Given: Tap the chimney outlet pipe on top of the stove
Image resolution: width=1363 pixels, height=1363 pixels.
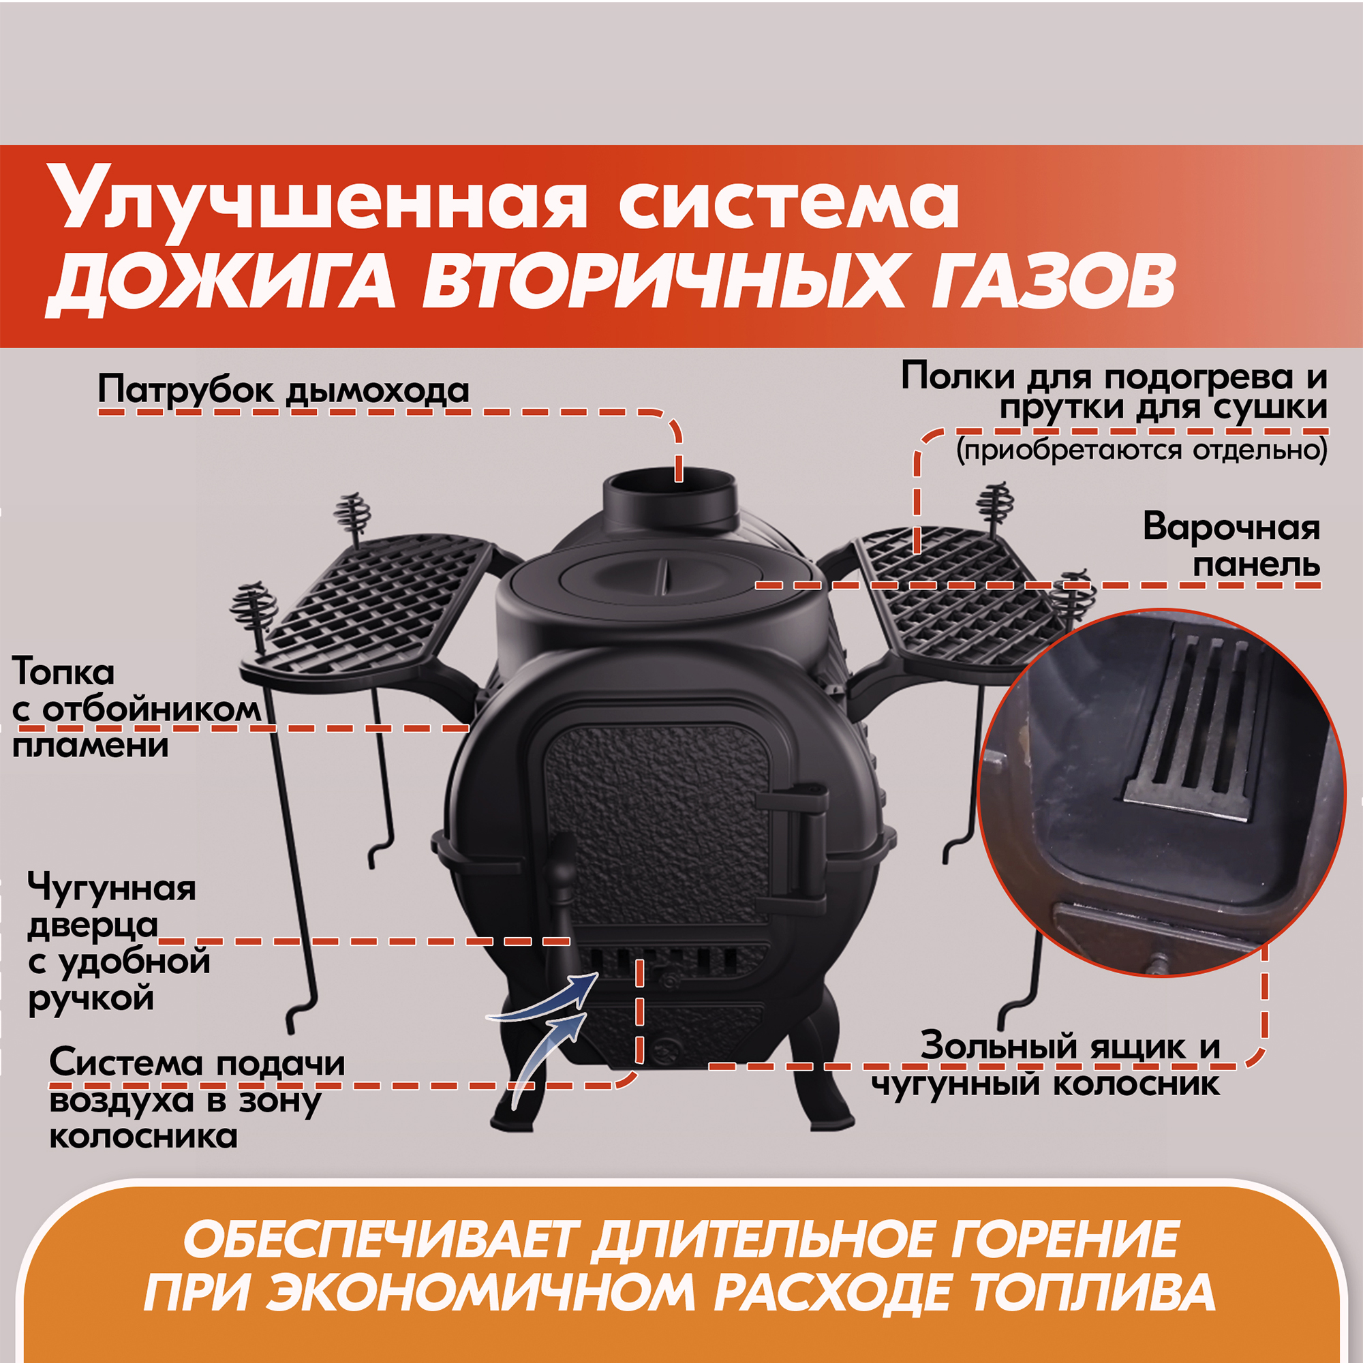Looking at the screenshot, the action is click(670, 502).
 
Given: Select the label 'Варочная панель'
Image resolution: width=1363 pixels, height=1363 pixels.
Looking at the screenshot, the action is click(1231, 546).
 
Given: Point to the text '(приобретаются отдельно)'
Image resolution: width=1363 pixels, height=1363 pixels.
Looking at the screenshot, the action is click(1142, 450).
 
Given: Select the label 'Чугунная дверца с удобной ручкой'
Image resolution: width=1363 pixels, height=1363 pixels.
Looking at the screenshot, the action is click(119, 943).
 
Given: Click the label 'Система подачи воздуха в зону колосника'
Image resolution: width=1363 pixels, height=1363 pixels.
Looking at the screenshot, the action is click(198, 1099).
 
